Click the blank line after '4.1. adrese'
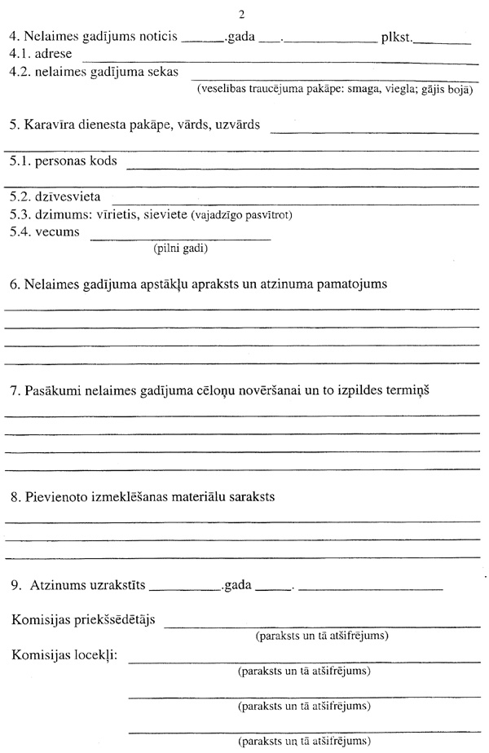[277, 57]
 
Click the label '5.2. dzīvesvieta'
[56, 197]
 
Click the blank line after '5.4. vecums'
[179, 238]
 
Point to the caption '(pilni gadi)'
[181, 249]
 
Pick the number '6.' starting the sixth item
[15, 284]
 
